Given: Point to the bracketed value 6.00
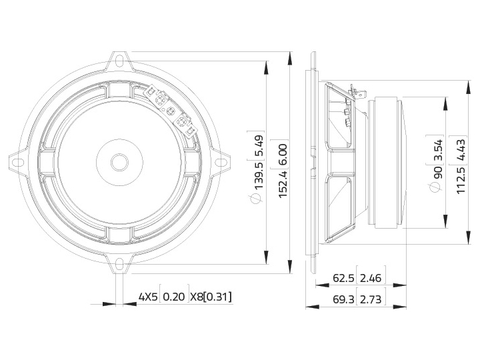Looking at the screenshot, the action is (x=283, y=155).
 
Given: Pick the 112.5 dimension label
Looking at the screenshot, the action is (x=461, y=180).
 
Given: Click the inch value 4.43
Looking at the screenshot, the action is (x=461, y=150).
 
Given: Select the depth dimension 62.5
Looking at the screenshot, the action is (x=343, y=278).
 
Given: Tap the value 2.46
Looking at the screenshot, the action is (x=371, y=278).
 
